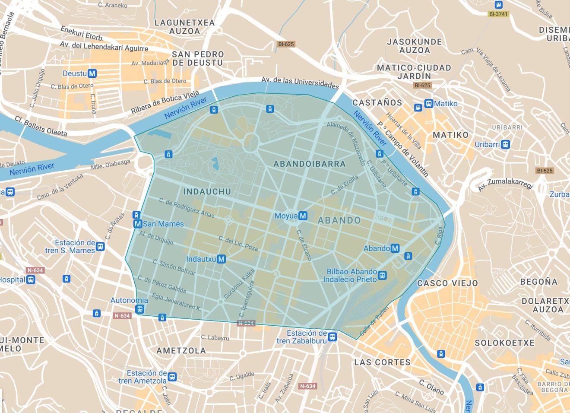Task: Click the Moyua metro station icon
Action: pyautogui.click(x=303, y=216)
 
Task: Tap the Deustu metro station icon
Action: pyautogui.click(x=92, y=73)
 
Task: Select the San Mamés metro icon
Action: pyautogui.click(x=138, y=224)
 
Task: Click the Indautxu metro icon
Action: pyautogui.click(x=222, y=259)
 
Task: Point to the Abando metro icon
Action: pyautogui.click(x=395, y=248)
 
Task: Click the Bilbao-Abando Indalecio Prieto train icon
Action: pyautogui.click(x=382, y=275)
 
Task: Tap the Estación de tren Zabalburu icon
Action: pyautogui.click(x=332, y=337)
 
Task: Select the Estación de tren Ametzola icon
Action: pyautogui.click(x=172, y=377)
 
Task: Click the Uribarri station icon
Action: pyautogui.click(x=506, y=144)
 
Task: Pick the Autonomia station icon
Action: pyautogui.click(x=139, y=309)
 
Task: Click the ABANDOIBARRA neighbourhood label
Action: pyautogui.click(x=310, y=164)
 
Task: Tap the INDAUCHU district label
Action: pyautogui.click(x=207, y=191)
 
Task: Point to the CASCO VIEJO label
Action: pyautogui.click(x=447, y=283)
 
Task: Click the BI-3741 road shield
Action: pyautogui.click(x=498, y=14)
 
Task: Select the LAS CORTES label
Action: pyautogui.click(x=382, y=362)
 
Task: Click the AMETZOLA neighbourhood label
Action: pyautogui.click(x=181, y=350)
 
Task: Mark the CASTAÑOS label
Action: pyautogui.click(x=377, y=103)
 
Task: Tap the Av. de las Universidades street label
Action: pyautogui.click(x=300, y=83)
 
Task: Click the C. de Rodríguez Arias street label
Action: pyautogui.click(x=186, y=207)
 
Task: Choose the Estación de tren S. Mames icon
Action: pyautogui.click(x=100, y=247)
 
